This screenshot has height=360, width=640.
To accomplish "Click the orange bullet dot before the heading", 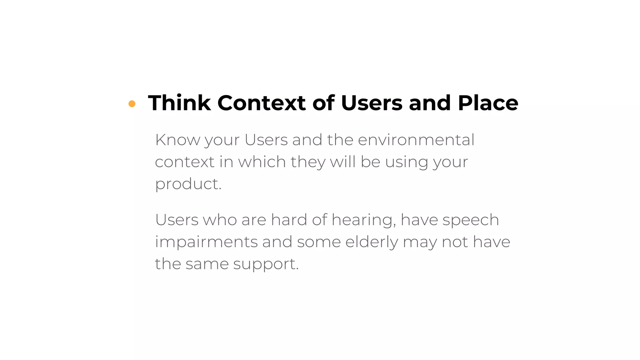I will tap(132, 104).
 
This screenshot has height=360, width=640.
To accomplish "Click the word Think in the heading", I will tap(179, 103).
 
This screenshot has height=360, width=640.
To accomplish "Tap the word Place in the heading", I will tap(488, 103).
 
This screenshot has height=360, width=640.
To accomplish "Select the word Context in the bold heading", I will tap(261, 103).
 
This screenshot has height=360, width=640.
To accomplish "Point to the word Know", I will tap(177, 140).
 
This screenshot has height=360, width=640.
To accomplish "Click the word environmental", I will tap(416, 140).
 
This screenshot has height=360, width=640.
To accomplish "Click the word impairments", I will tap(206, 242).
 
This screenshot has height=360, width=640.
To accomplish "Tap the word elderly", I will tap(372, 242).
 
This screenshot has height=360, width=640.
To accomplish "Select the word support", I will tap(266, 264).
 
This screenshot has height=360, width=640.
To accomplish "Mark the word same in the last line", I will tap(207, 264).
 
